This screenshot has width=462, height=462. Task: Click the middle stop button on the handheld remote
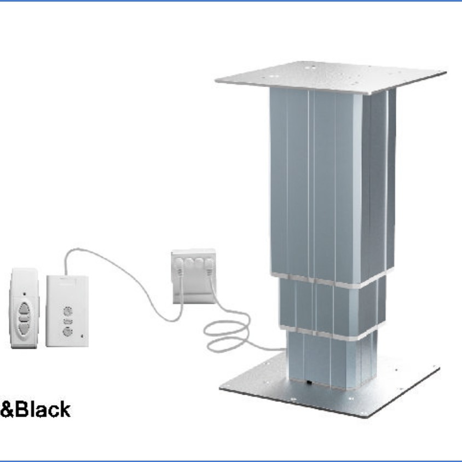click(x=24, y=317)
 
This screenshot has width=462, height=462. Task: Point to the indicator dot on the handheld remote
click(x=24, y=294)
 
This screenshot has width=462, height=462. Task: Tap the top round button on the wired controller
click(x=67, y=311)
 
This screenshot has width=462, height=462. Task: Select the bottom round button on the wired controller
click(x=67, y=331)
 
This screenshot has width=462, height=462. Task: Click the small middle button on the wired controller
click(x=67, y=321)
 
